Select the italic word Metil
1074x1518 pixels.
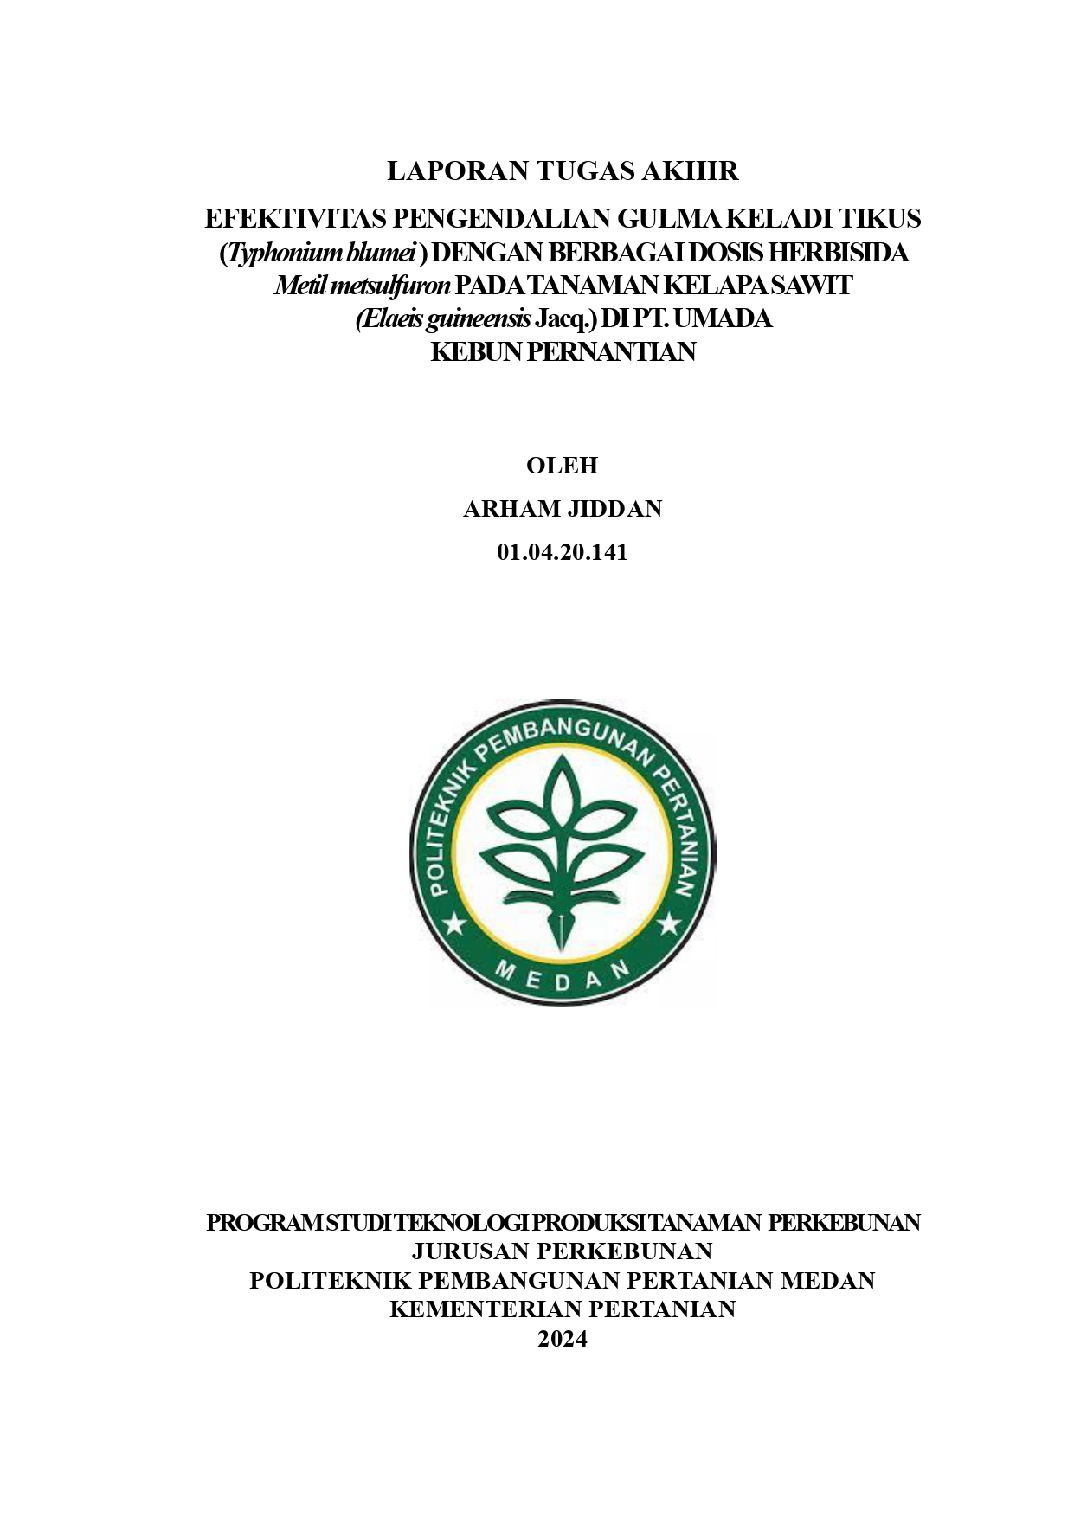click(299, 286)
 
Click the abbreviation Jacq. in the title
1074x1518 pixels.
click(566, 319)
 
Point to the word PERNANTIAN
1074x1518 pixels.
click(611, 352)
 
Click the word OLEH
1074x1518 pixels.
click(563, 466)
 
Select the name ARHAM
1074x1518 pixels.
click(511, 509)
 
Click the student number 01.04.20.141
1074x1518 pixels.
click(563, 552)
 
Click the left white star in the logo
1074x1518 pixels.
click(455, 925)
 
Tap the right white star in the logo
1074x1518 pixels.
click(669, 925)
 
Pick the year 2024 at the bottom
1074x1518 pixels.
click(563, 1339)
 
